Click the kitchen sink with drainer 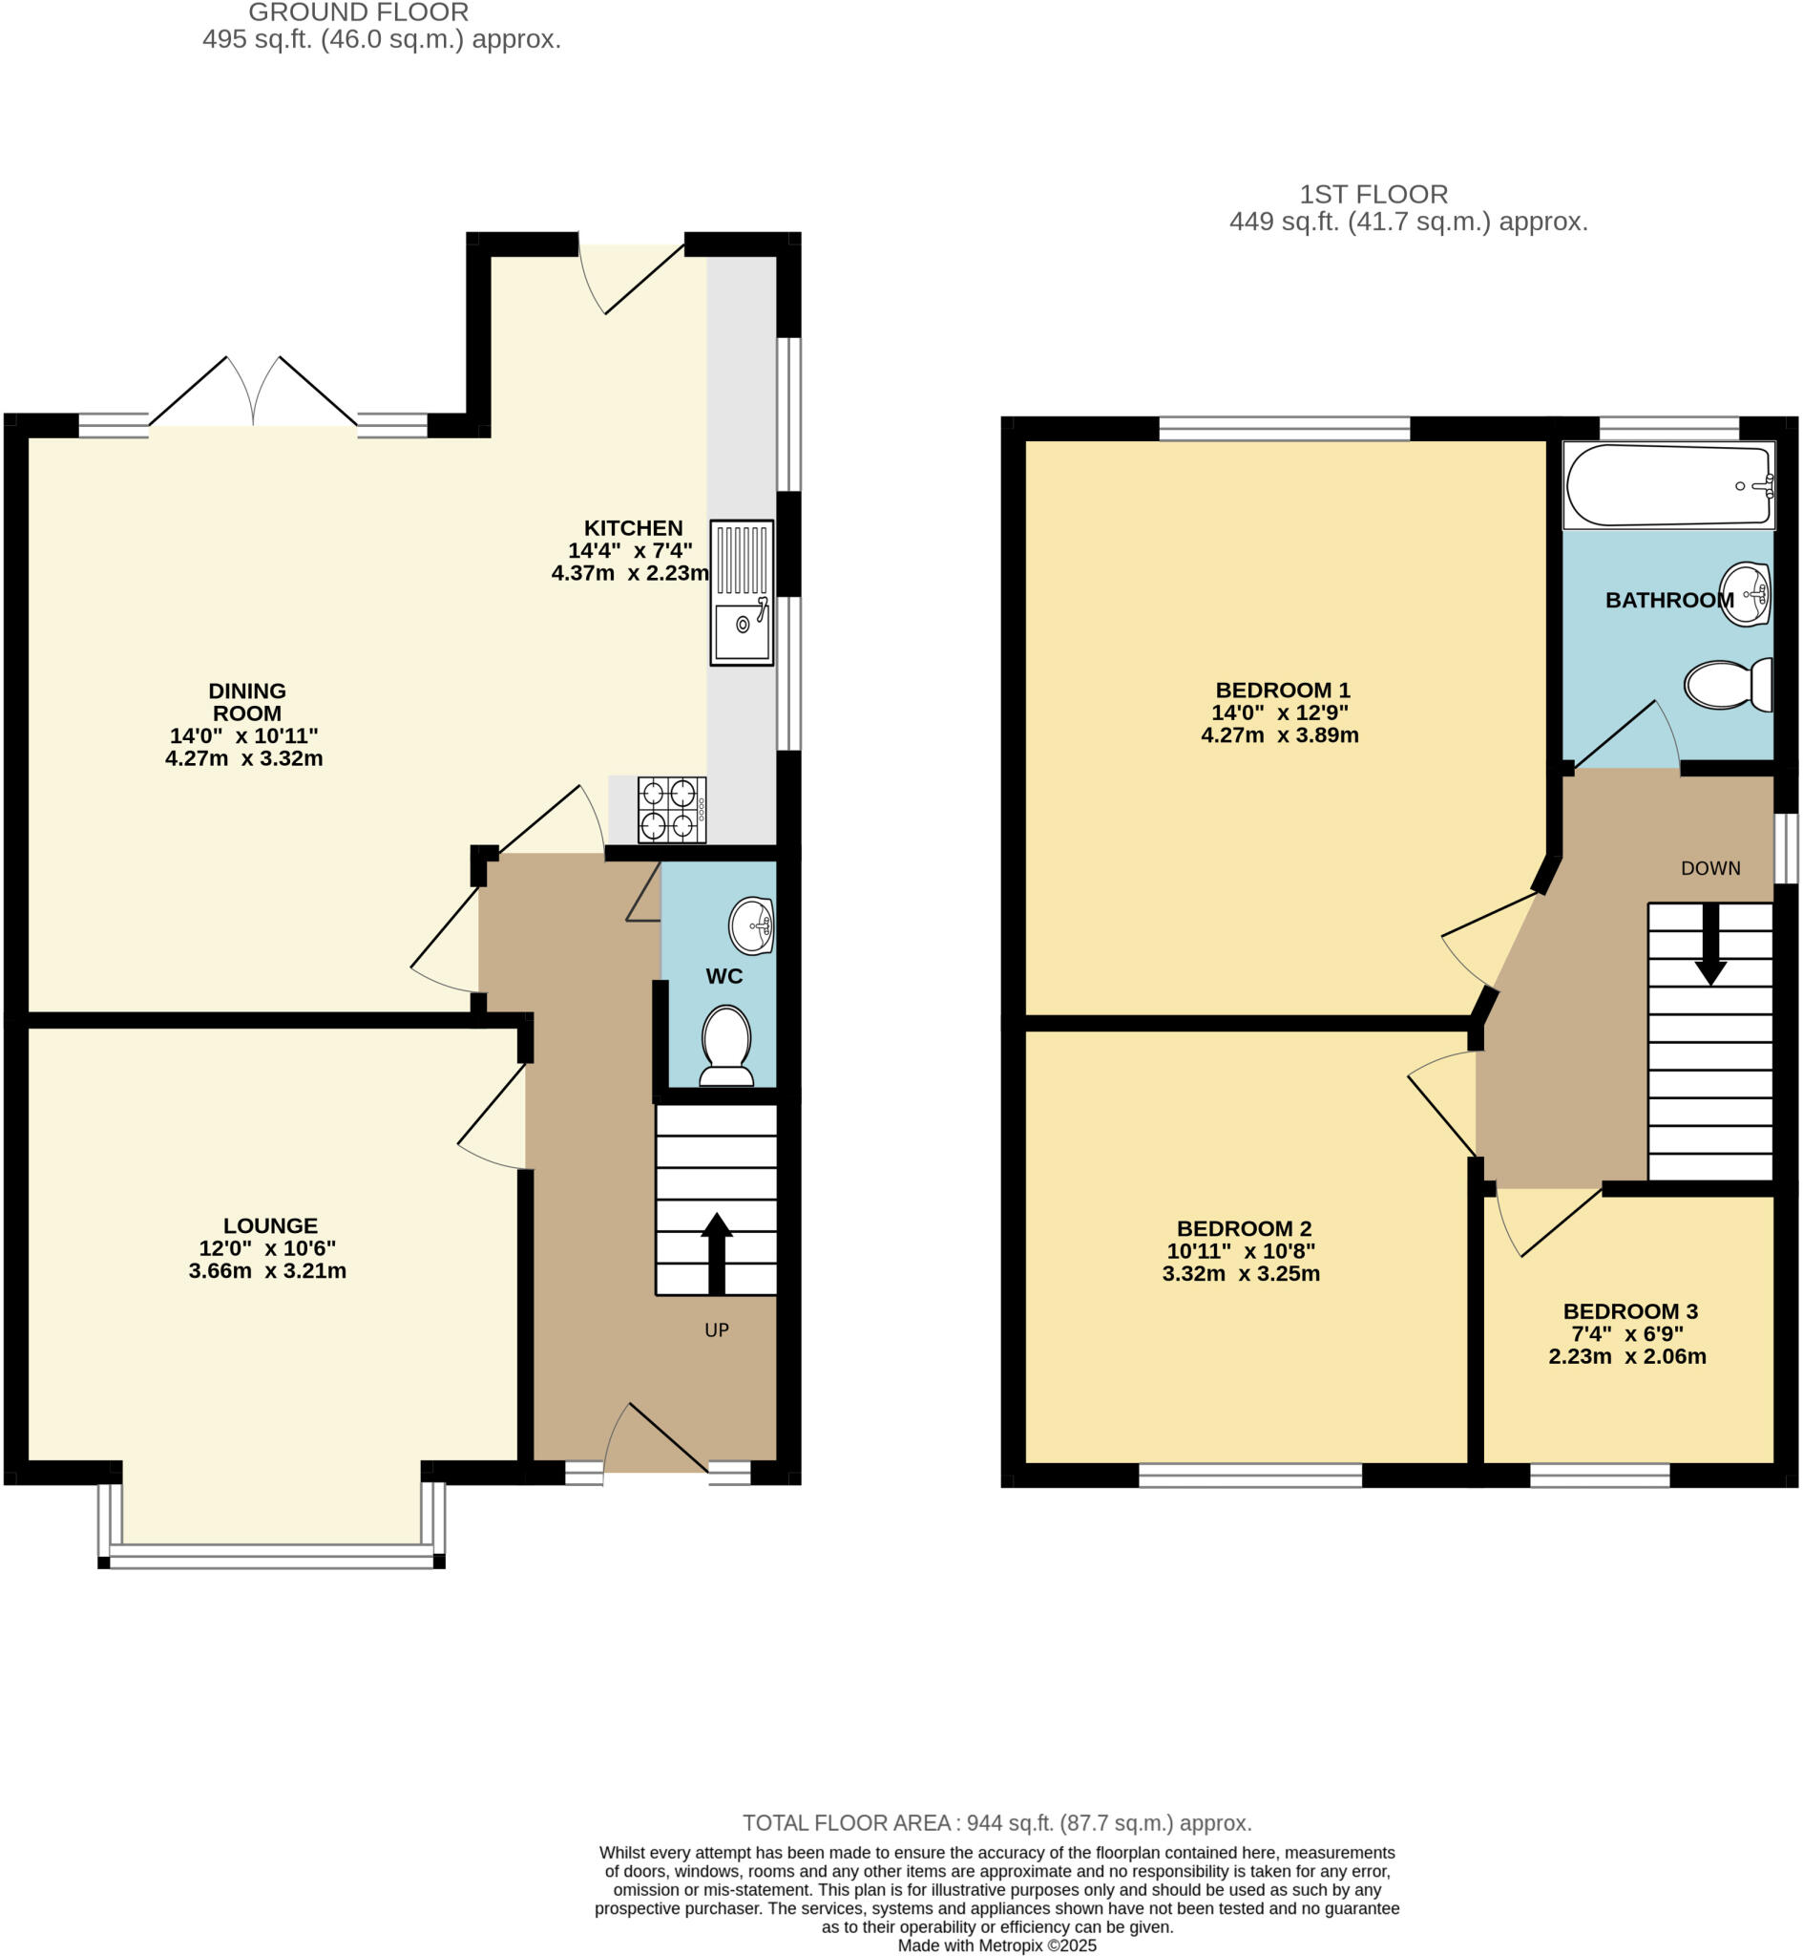[742, 592]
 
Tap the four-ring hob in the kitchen [671, 810]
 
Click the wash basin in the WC [752, 925]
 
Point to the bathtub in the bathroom [1668, 485]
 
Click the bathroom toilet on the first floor [1728, 684]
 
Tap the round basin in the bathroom [1746, 593]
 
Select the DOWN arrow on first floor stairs [1710, 944]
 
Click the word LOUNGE [270, 1226]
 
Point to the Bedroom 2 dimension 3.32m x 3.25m [1240, 1274]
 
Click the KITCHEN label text [633, 528]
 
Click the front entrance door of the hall [656, 1439]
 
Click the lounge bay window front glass [271, 1555]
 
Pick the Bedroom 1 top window [1284, 429]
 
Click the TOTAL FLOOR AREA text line [996, 1823]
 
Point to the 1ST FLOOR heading [1373, 194]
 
